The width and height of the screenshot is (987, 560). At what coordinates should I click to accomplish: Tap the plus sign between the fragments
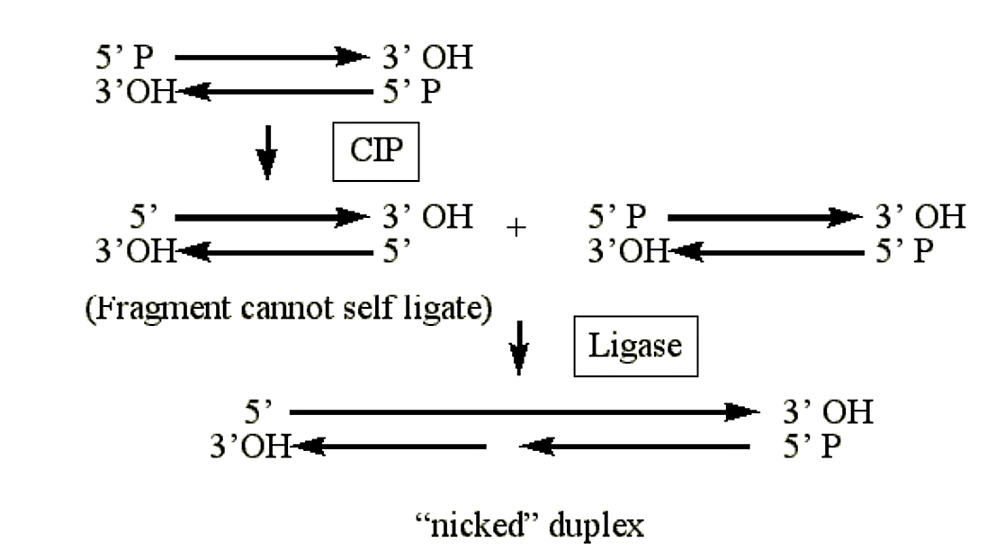pyautogui.click(x=516, y=229)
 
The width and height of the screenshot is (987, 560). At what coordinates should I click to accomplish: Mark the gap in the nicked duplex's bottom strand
pyautogui.click(x=503, y=446)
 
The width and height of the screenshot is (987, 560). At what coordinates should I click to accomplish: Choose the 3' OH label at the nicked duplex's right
pyautogui.click(x=827, y=412)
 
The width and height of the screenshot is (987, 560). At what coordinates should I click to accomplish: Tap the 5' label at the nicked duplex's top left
pyautogui.click(x=258, y=412)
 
